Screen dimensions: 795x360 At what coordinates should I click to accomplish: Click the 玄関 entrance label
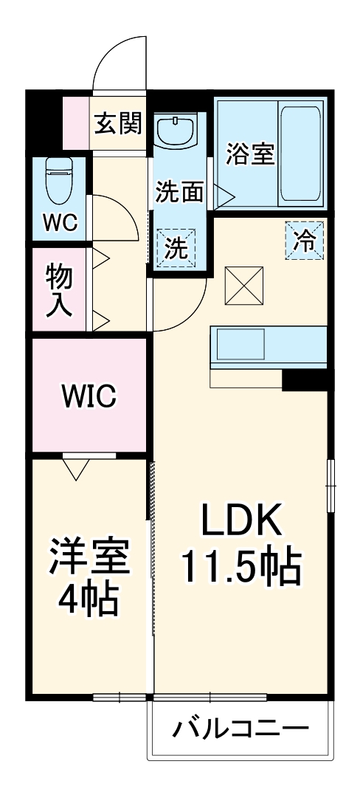tap(118, 123)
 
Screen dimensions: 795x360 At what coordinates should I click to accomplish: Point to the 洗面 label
tap(179, 193)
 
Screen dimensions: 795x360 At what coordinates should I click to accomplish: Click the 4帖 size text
tap(89, 601)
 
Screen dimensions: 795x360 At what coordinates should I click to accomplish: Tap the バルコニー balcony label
tap(240, 731)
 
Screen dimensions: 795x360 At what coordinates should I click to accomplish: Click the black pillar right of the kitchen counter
tap(305, 379)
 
